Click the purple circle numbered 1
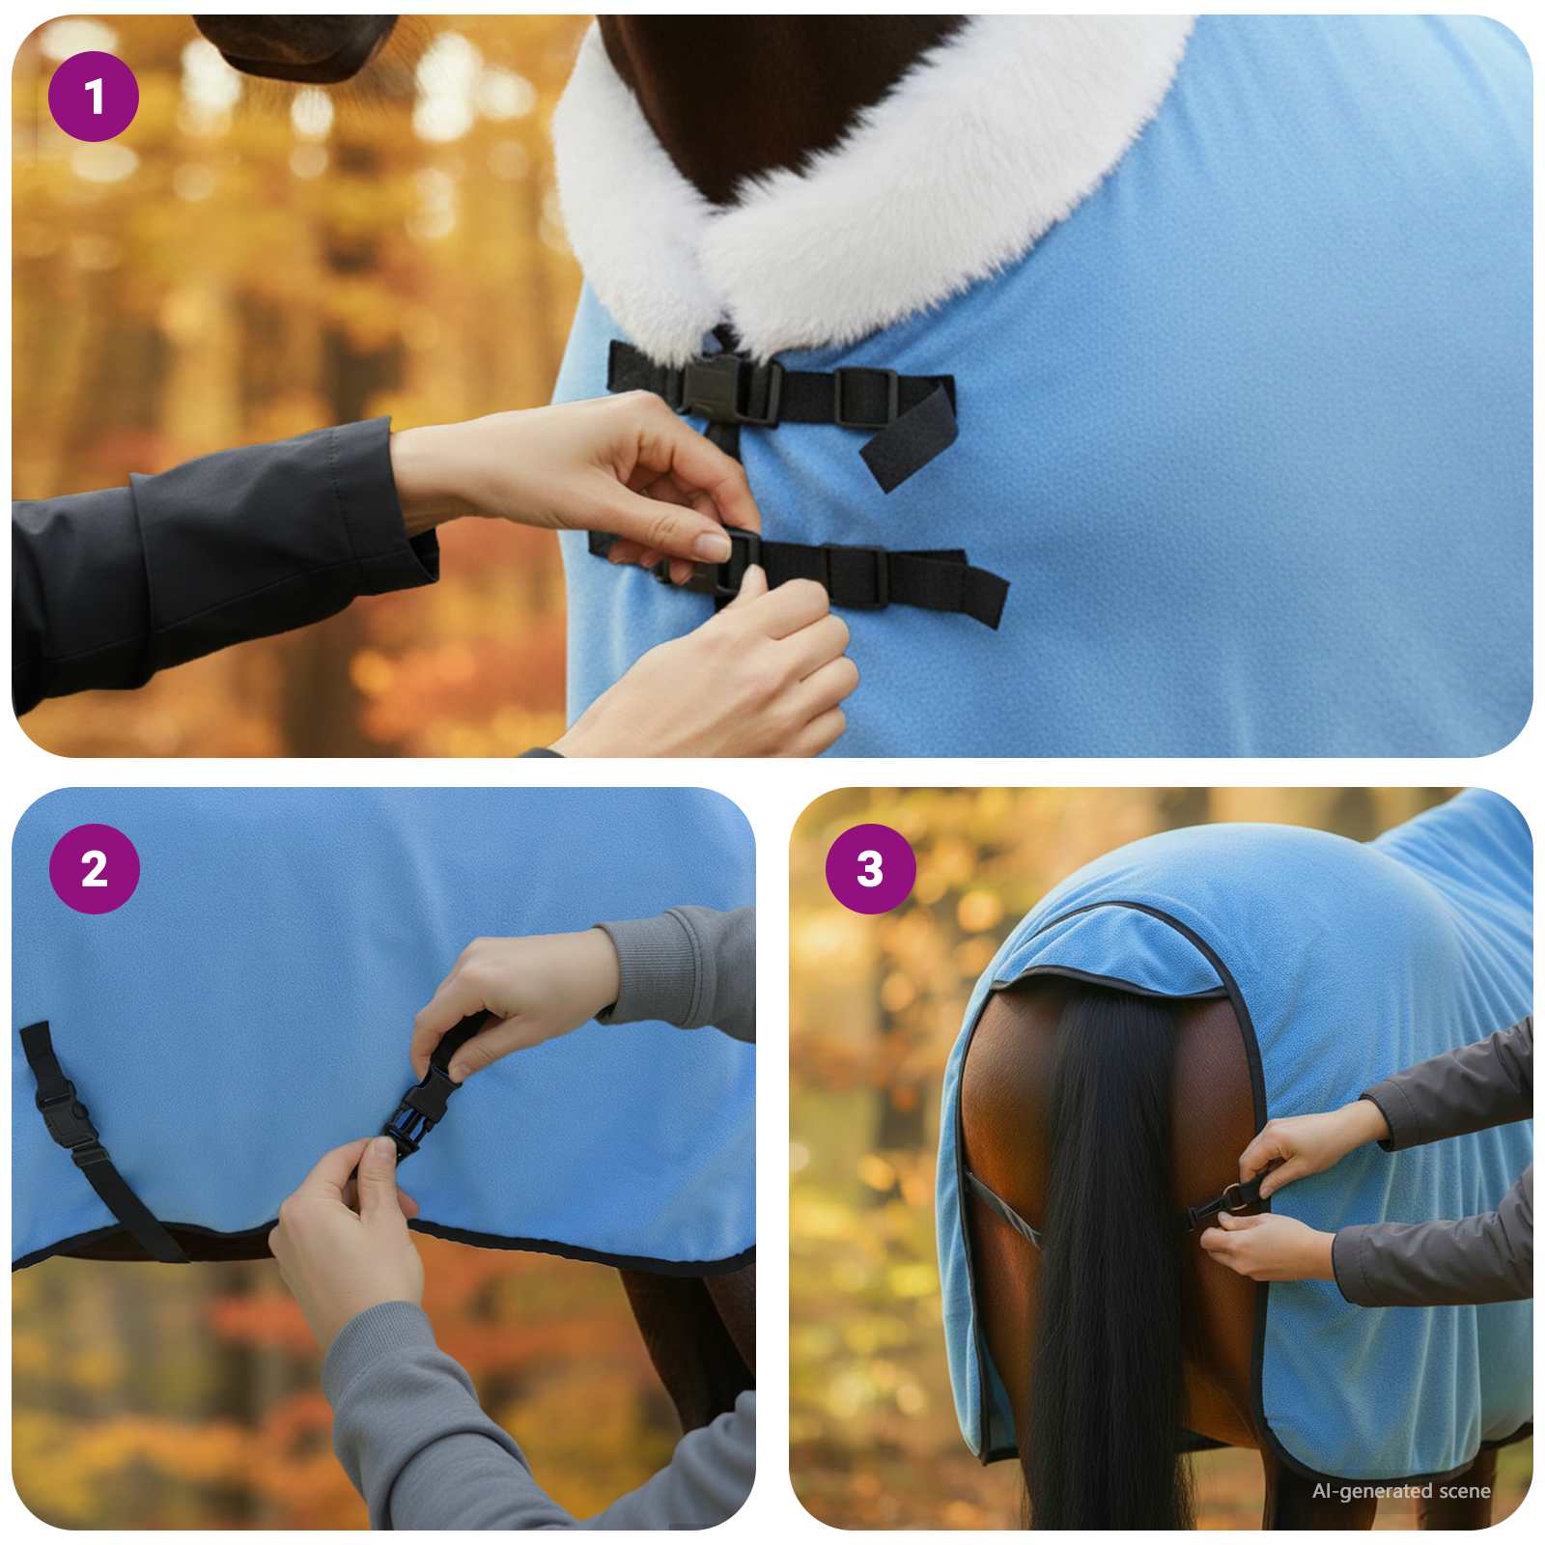click(x=94, y=97)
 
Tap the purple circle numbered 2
click(x=94, y=868)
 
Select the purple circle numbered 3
click(x=870, y=868)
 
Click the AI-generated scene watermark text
click(x=1400, y=1491)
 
